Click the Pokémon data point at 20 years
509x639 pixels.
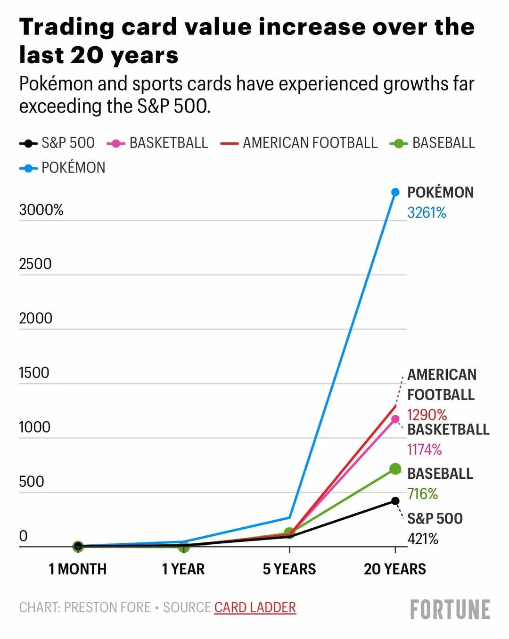pos(395,192)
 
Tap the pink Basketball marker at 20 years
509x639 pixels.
pos(395,419)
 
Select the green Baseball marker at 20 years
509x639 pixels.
pos(395,469)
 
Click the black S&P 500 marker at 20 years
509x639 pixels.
pos(395,501)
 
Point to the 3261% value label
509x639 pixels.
pos(427,213)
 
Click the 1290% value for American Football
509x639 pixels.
pos(427,415)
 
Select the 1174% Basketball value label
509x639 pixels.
pos(424,450)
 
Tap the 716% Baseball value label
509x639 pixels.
pos(422,494)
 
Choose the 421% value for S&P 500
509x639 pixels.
pos(423,539)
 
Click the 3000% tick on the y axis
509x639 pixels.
pos(41,210)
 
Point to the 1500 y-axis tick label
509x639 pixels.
pos(34,373)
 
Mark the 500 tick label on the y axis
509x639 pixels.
pos(31,482)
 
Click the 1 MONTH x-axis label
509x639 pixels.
pos(78,569)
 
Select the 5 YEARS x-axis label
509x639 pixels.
pos(289,569)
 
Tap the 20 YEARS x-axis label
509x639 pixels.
pos(395,569)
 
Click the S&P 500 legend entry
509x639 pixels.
pos(57,143)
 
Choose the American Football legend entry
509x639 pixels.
pos(299,143)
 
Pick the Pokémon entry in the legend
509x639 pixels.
pos(63,168)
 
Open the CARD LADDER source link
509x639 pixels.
pos(255,607)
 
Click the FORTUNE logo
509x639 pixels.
pos(450,610)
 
